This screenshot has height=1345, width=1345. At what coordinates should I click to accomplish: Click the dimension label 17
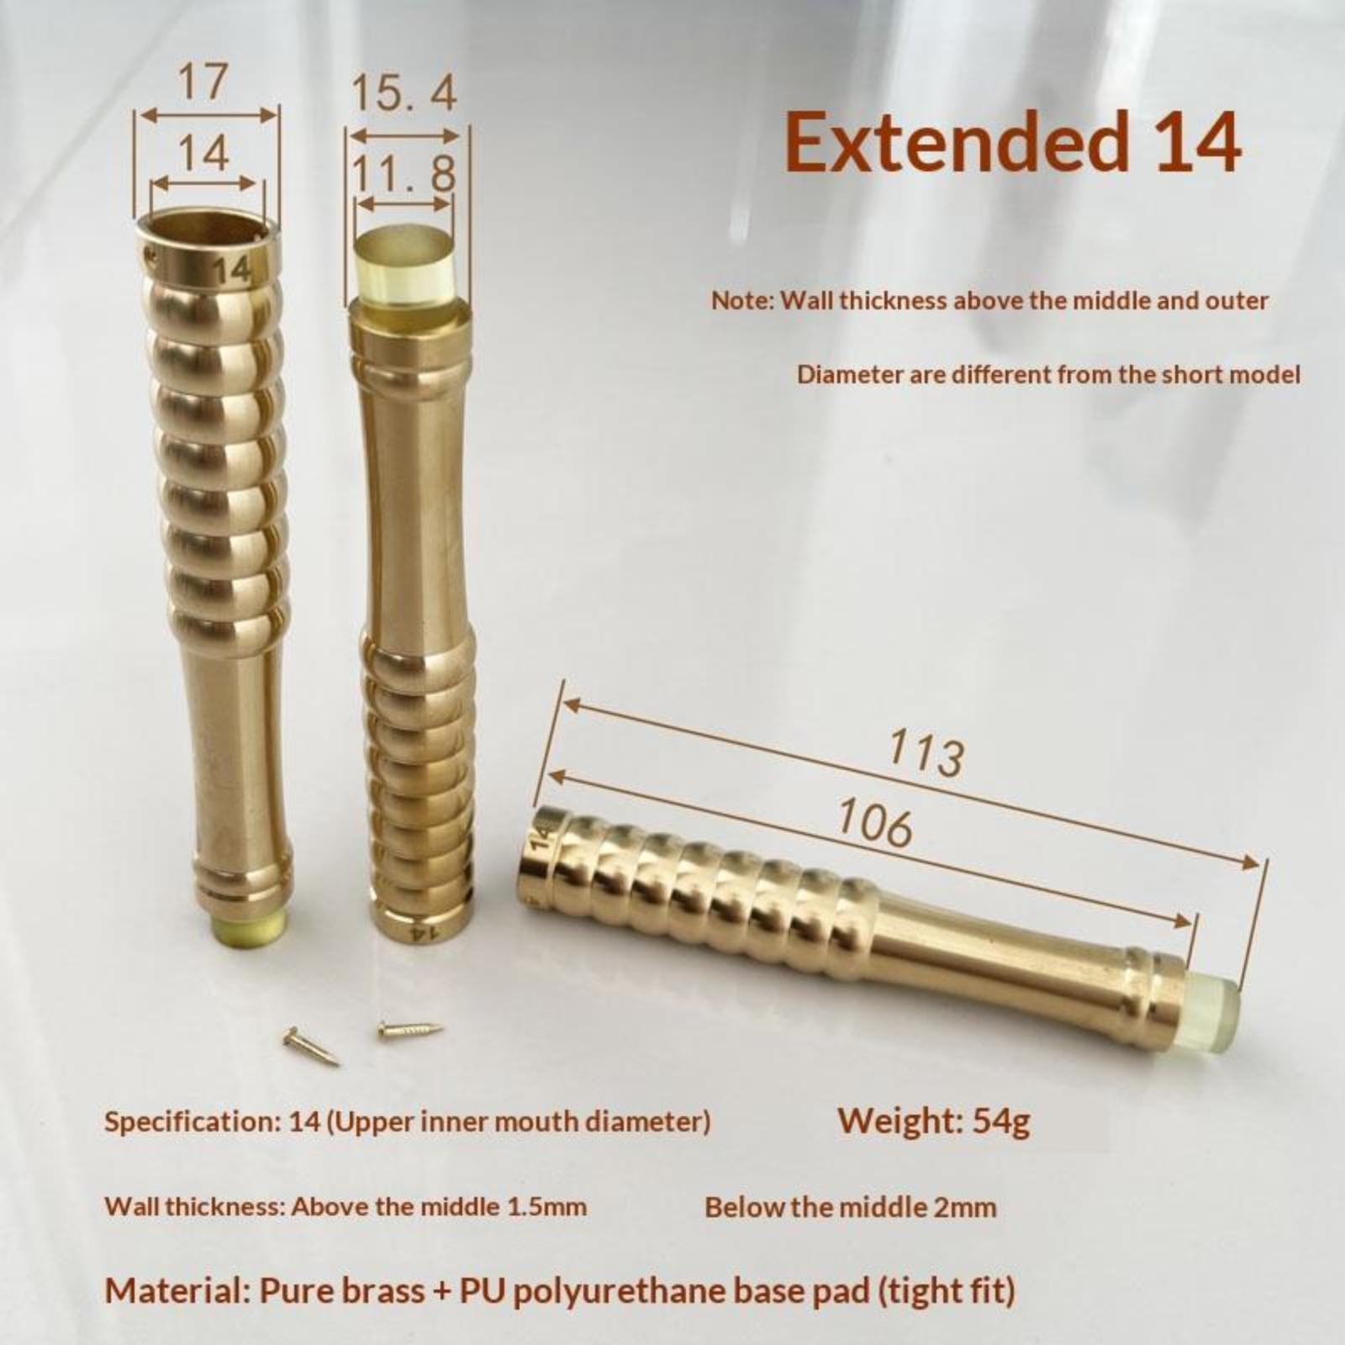[203, 82]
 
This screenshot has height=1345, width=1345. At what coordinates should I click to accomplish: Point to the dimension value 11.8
[403, 174]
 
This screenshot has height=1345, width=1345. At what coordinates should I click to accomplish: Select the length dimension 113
[926, 752]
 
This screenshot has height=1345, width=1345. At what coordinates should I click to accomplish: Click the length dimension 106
[875, 822]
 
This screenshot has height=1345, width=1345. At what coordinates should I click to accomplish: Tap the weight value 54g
[1000, 1121]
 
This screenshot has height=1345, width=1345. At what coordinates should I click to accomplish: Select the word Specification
[192, 1122]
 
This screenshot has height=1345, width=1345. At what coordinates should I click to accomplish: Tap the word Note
[741, 300]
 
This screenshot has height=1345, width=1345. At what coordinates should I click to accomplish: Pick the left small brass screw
[310, 1047]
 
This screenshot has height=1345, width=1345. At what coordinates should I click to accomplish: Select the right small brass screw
[410, 1028]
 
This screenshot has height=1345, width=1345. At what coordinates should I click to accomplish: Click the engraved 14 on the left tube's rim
[231, 269]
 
